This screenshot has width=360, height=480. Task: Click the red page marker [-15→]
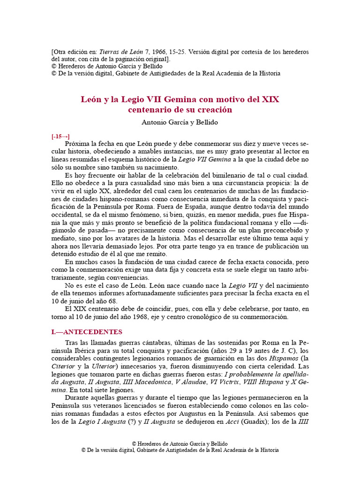click(x=60, y=136)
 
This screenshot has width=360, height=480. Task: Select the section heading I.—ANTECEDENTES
click(x=87, y=332)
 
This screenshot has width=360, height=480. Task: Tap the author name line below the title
click(x=180, y=122)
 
